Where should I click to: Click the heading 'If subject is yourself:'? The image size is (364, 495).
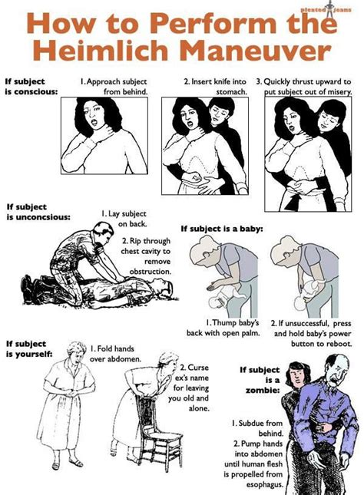coord(29,348)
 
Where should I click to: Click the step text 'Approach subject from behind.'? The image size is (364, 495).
coord(114,84)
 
